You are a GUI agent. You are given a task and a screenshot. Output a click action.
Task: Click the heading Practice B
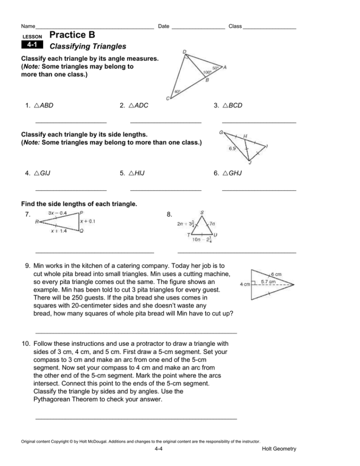(x=72, y=35)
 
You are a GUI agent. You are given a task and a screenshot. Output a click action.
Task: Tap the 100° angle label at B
(x=207, y=72)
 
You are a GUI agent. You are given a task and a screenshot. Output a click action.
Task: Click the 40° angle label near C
(x=177, y=91)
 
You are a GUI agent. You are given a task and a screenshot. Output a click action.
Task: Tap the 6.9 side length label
(x=233, y=149)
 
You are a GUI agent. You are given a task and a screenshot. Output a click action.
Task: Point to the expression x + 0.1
(x=88, y=221)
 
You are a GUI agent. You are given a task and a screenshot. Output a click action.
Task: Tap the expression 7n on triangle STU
(x=212, y=224)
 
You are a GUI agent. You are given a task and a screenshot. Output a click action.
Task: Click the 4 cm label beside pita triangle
(x=245, y=284)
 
